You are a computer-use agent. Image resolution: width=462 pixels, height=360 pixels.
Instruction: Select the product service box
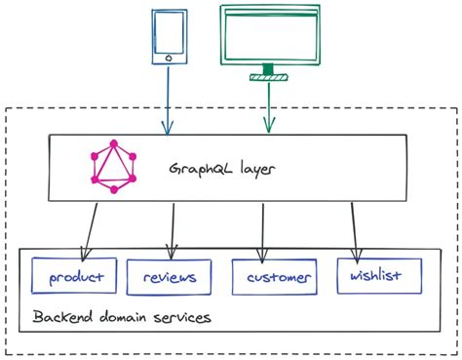coord(75,277)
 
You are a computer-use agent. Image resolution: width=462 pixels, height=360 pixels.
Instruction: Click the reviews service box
coord(170,277)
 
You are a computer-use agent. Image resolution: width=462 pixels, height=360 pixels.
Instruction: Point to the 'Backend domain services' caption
coord(122,318)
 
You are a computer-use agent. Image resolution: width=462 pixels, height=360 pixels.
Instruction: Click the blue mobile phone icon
coord(170,38)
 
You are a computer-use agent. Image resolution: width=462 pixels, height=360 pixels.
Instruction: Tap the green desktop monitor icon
coord(268,39)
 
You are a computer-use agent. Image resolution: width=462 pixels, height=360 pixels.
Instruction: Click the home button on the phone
coord(170,59)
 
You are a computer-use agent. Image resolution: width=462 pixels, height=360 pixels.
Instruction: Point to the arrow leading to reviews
coord(173,230)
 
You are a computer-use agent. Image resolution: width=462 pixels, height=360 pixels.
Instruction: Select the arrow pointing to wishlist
coord(353,230)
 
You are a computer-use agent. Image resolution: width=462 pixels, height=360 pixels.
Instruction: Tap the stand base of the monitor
coord(268,74)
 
